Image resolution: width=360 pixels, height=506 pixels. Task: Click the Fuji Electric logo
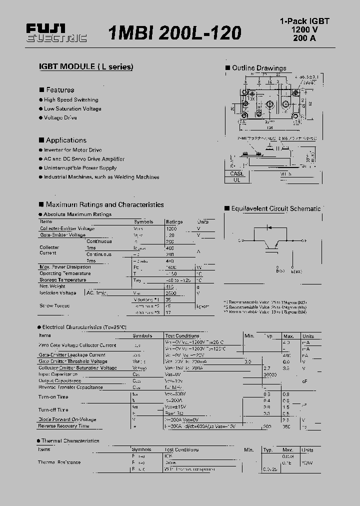[56, 33]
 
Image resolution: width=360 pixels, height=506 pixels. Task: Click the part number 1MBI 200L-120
[174, 33]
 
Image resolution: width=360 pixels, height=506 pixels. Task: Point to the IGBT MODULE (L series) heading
[86, 67]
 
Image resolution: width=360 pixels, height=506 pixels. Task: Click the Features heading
[60, 90]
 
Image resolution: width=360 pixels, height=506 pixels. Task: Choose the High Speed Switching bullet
[71, 100]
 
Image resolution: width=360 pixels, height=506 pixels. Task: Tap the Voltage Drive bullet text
[60, 118]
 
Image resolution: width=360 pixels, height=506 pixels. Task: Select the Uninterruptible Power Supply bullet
[80, 168]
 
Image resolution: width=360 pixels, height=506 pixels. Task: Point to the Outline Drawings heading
[258, 68]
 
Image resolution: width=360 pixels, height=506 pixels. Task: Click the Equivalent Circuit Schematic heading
[275, 208]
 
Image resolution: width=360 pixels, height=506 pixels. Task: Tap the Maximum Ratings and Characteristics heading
[104, 204]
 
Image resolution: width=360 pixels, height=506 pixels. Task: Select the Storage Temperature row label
[62, 280]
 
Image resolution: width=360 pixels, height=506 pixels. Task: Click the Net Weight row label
[52, 286]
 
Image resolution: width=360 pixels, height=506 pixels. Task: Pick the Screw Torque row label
[54, 305]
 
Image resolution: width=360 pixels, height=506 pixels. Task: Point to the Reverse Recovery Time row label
[63, 426]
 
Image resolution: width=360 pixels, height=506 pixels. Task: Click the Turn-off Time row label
[53, 409]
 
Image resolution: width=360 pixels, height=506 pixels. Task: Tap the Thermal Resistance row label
[59, 462]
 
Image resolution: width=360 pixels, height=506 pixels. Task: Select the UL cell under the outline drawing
[237, 180]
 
